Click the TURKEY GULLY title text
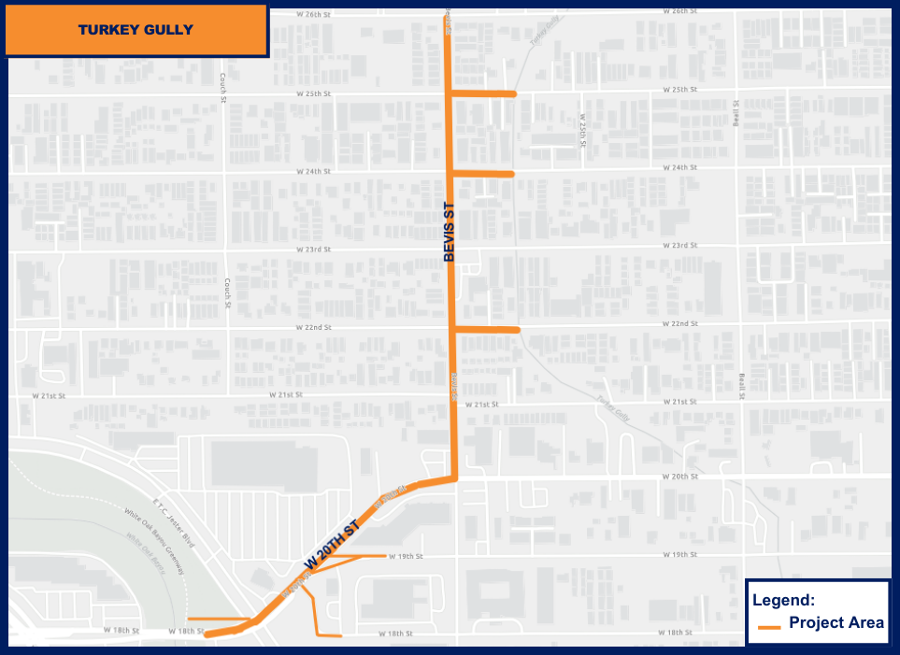136,30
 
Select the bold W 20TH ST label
332,546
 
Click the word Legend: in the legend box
784,601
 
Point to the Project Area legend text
836,623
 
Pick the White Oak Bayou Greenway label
155,541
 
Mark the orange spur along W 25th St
482,93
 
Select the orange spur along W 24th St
482,174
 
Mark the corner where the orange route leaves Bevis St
454,478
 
